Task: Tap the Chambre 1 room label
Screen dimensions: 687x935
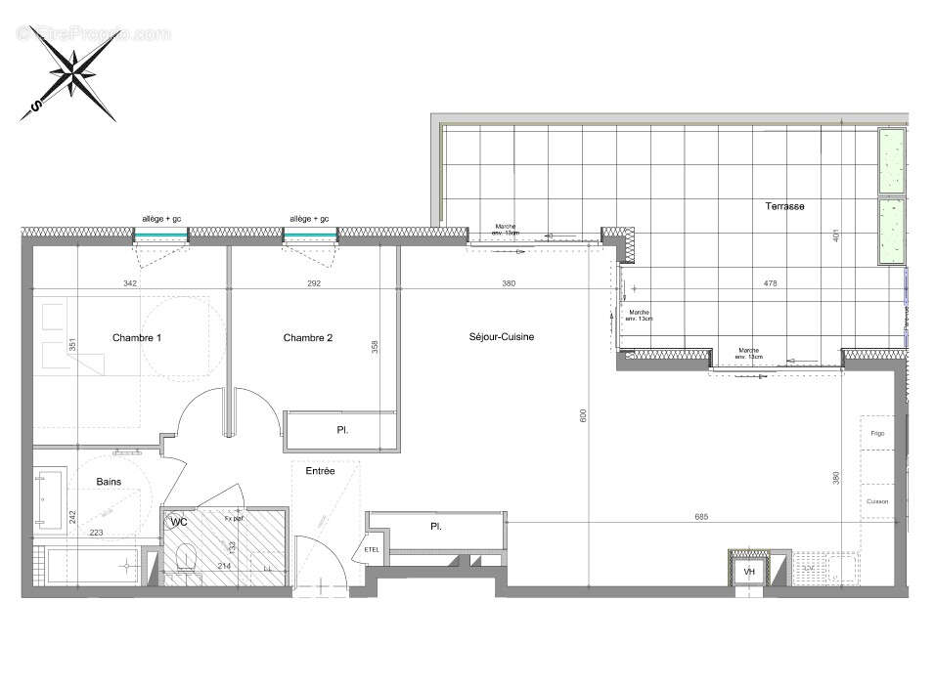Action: click(x=137, y=338)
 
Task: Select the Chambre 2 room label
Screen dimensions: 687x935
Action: click(x=308, y=338)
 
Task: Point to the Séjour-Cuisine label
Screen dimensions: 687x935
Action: click(x=502, y=337)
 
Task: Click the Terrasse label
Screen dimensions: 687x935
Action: click(x=785, y=206)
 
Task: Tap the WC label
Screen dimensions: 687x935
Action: click(x=179, y=524)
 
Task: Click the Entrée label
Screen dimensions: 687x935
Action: click(x=320, y=471)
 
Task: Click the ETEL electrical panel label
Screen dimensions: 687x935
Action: click(x=373, y=549)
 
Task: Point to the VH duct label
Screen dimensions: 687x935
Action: click(x=749, y=572)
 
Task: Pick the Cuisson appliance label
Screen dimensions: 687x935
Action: click(x=877, y=501)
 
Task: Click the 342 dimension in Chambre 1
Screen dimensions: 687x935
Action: click(x=130, y=284)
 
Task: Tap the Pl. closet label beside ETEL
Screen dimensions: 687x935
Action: click(x=435, y=527)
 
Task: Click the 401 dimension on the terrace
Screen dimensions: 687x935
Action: click(x=836, y=236)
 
